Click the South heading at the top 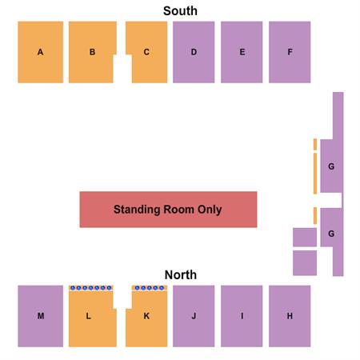coord(180,11)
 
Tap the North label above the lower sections coord(181,275)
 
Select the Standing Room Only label coord(168,210)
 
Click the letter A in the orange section coord(40,52)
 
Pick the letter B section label coord(92,52)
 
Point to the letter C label coord(146,52)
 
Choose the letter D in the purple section coord(194,52)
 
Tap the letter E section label coord(242,52)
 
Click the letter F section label coord(290,52)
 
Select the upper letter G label coord(331,166)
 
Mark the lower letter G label coord(331,234)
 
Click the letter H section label coord(290,316)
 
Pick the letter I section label coord(242,316)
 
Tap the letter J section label coord(194,316)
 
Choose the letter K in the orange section coord(146,316)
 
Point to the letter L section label coord(88,316)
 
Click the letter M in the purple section coord(41,316)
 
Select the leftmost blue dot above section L coord(73,288)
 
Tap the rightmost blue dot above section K coord(162,288)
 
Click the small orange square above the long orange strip coord(315,145)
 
